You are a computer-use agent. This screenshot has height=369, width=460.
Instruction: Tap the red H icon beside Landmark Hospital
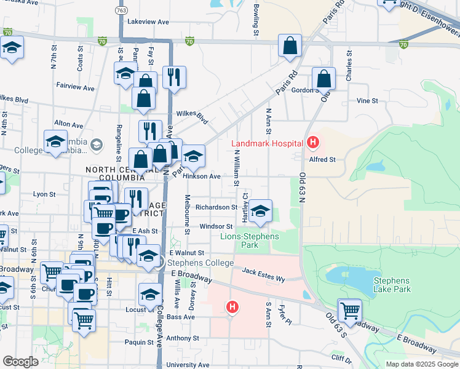pyautogui.click(x=312, y=144)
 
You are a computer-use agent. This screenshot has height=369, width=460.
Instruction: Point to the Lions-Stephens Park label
pyautogui.click(x=250, y=240)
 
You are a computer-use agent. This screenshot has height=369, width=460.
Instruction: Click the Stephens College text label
pyautogui.click(x=200, y=263)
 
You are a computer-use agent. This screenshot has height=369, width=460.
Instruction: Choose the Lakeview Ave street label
pyautogui.click(x=148, y=22)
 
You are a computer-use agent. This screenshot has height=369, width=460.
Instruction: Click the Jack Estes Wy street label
pyautogui.click(x=263, y=275)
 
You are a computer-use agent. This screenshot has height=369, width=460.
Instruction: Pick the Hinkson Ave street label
pyautogui.click(x=202, y=177)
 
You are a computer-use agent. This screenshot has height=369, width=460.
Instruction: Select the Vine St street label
pyautogui.click(x=367, y=100)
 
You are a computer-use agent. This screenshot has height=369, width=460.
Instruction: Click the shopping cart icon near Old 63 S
pyautogui.click(x=350, y=310)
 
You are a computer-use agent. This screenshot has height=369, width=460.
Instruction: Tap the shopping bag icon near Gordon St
pyautogui.click(x=323, y=79)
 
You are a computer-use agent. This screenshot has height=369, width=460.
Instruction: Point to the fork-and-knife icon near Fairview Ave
pyautogui.click(x=174, y=77)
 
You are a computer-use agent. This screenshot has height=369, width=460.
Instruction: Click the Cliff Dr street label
pyautogui.click(x=341, y=357)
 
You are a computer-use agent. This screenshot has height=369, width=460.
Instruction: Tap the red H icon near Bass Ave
pyautogui.click(x=232, y=306)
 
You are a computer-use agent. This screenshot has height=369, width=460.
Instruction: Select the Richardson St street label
pyautogui.click(x=216, y=207)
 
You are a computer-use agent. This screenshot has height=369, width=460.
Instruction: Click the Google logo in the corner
pyautogui.click(x=20, y=362)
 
